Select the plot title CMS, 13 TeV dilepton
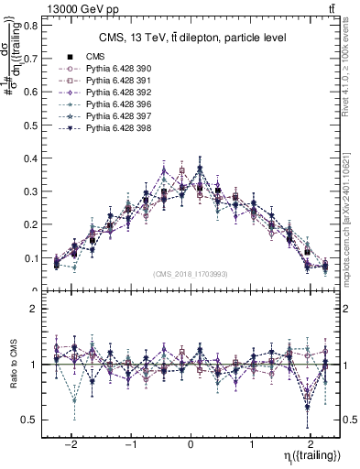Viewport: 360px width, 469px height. coord(192,38)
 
